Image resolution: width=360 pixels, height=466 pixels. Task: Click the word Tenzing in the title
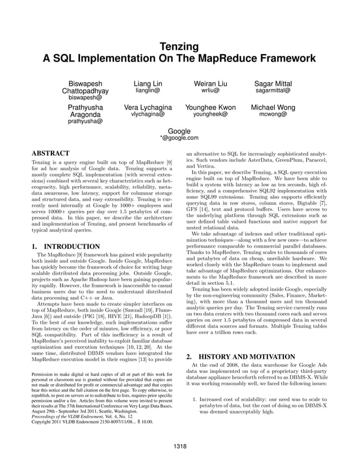click(x=179, y=47)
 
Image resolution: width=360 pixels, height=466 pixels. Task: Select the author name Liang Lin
click(x=148, y=83)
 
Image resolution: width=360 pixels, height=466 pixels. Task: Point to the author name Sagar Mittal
click(x=273, y=83)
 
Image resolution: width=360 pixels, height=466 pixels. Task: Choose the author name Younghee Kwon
click(x=210, y=107)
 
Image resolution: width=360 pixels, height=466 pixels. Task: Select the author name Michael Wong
click(x=273, y=107)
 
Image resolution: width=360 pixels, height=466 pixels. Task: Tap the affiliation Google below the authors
click(x=179, y=131)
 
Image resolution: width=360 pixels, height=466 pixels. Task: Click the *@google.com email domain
click(x=179, y=138)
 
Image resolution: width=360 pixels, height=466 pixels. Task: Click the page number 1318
click(x=180, y=446)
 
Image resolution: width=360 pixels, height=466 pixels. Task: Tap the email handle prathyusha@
click(x=85, y=121)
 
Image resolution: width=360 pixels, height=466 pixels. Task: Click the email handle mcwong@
click(x=273, y=114)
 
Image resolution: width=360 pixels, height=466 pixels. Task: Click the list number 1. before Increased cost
click(x=195, y=400)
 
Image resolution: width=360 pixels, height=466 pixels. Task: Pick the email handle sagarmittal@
click(x=273, y=90)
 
